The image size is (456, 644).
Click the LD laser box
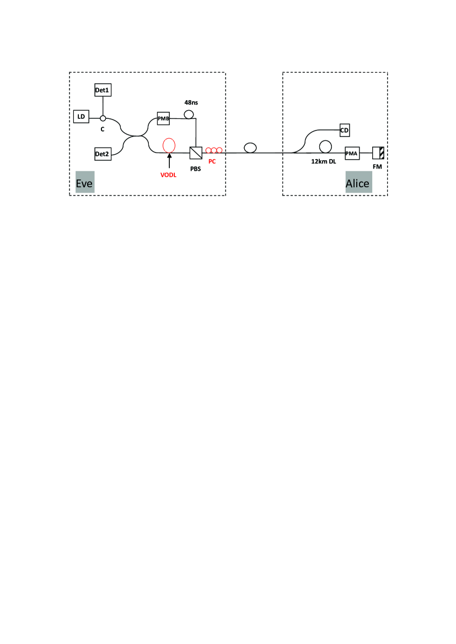pos(81,117)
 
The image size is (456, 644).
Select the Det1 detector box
pos(103,89)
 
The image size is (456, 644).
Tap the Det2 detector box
pos(103,154)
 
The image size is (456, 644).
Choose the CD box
pos(345,129)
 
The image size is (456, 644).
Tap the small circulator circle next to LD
pos(103,118)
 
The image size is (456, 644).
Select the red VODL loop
pos(169,145)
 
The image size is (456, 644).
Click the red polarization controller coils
pos(214,150)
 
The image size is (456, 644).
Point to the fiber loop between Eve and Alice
pos(250,148)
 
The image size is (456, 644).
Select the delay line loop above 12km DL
pos(325,146)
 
